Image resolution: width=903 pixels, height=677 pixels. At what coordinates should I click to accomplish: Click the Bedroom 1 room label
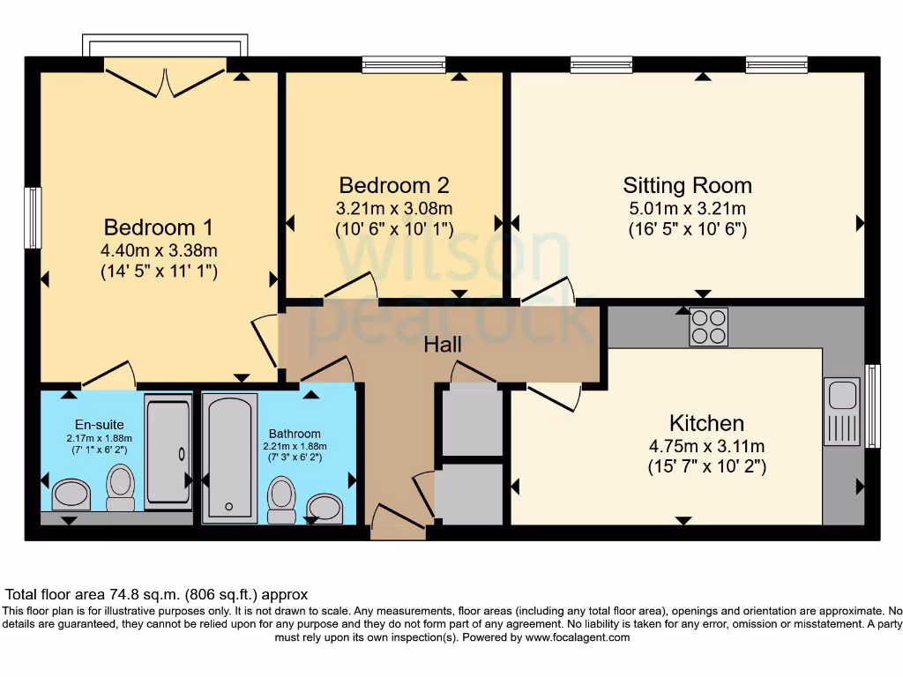159,226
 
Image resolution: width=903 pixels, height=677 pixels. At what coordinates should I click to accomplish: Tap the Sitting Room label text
687,185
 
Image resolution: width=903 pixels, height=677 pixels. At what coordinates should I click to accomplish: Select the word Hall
443,345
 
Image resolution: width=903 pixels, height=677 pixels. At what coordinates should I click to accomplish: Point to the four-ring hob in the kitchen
708,327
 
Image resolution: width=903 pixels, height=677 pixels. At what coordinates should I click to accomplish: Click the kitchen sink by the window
841,412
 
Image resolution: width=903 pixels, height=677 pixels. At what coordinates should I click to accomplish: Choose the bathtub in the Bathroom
229,458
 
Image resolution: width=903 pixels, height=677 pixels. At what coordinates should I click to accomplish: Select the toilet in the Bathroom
281,499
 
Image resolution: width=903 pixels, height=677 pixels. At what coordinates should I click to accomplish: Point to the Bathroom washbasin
325,507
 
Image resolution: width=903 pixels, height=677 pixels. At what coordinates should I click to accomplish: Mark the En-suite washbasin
71,495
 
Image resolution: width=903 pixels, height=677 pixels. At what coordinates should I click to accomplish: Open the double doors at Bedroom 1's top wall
166,78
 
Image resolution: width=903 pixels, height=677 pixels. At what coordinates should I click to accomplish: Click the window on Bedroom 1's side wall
33,218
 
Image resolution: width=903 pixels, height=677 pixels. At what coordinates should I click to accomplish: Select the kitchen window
872,405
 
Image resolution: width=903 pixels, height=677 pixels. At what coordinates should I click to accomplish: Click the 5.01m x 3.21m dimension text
687,209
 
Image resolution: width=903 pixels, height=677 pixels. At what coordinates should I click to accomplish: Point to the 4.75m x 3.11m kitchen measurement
706,445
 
